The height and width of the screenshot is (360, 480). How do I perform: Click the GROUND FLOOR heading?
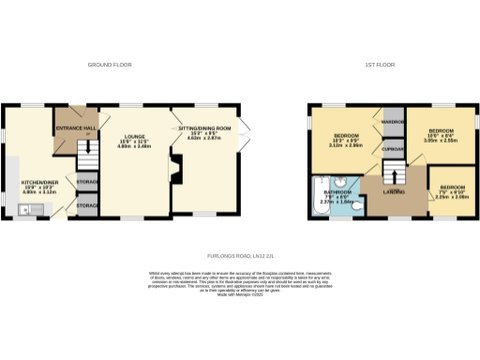(110, 65)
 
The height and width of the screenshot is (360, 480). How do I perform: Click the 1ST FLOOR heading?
(378, 65)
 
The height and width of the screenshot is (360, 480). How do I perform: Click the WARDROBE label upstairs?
(392, 123)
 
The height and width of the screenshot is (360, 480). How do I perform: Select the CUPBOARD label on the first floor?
(392, 150)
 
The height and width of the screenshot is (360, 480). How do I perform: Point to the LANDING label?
(394, 192)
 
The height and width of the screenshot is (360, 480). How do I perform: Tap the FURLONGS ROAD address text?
(239, 254)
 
